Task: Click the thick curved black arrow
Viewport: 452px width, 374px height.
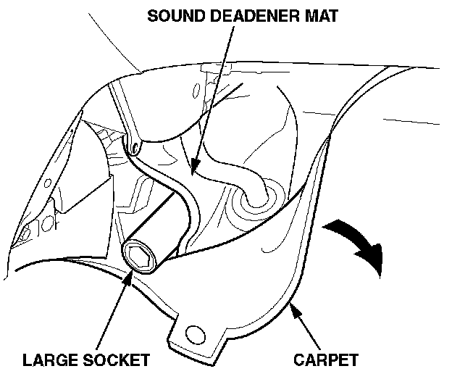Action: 359,244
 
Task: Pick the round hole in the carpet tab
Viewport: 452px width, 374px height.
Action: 193,333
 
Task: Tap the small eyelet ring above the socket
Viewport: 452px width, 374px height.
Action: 133,149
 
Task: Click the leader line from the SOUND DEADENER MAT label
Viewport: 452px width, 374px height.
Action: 214,94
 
